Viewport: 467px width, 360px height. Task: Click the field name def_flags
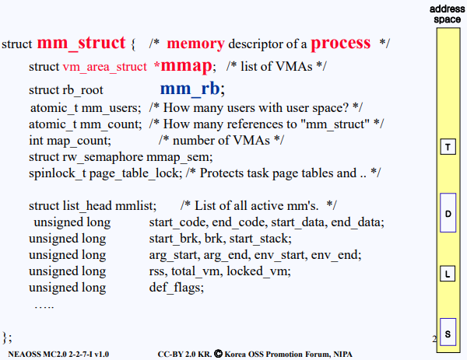point(176,287)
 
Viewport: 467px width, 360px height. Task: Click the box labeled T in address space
point(448,147)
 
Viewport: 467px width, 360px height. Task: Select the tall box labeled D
point(448,212)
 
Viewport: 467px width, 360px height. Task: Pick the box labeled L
point(448,274)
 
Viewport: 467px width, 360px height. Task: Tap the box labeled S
point(448,334)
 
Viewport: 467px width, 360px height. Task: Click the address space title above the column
point(446,13)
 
